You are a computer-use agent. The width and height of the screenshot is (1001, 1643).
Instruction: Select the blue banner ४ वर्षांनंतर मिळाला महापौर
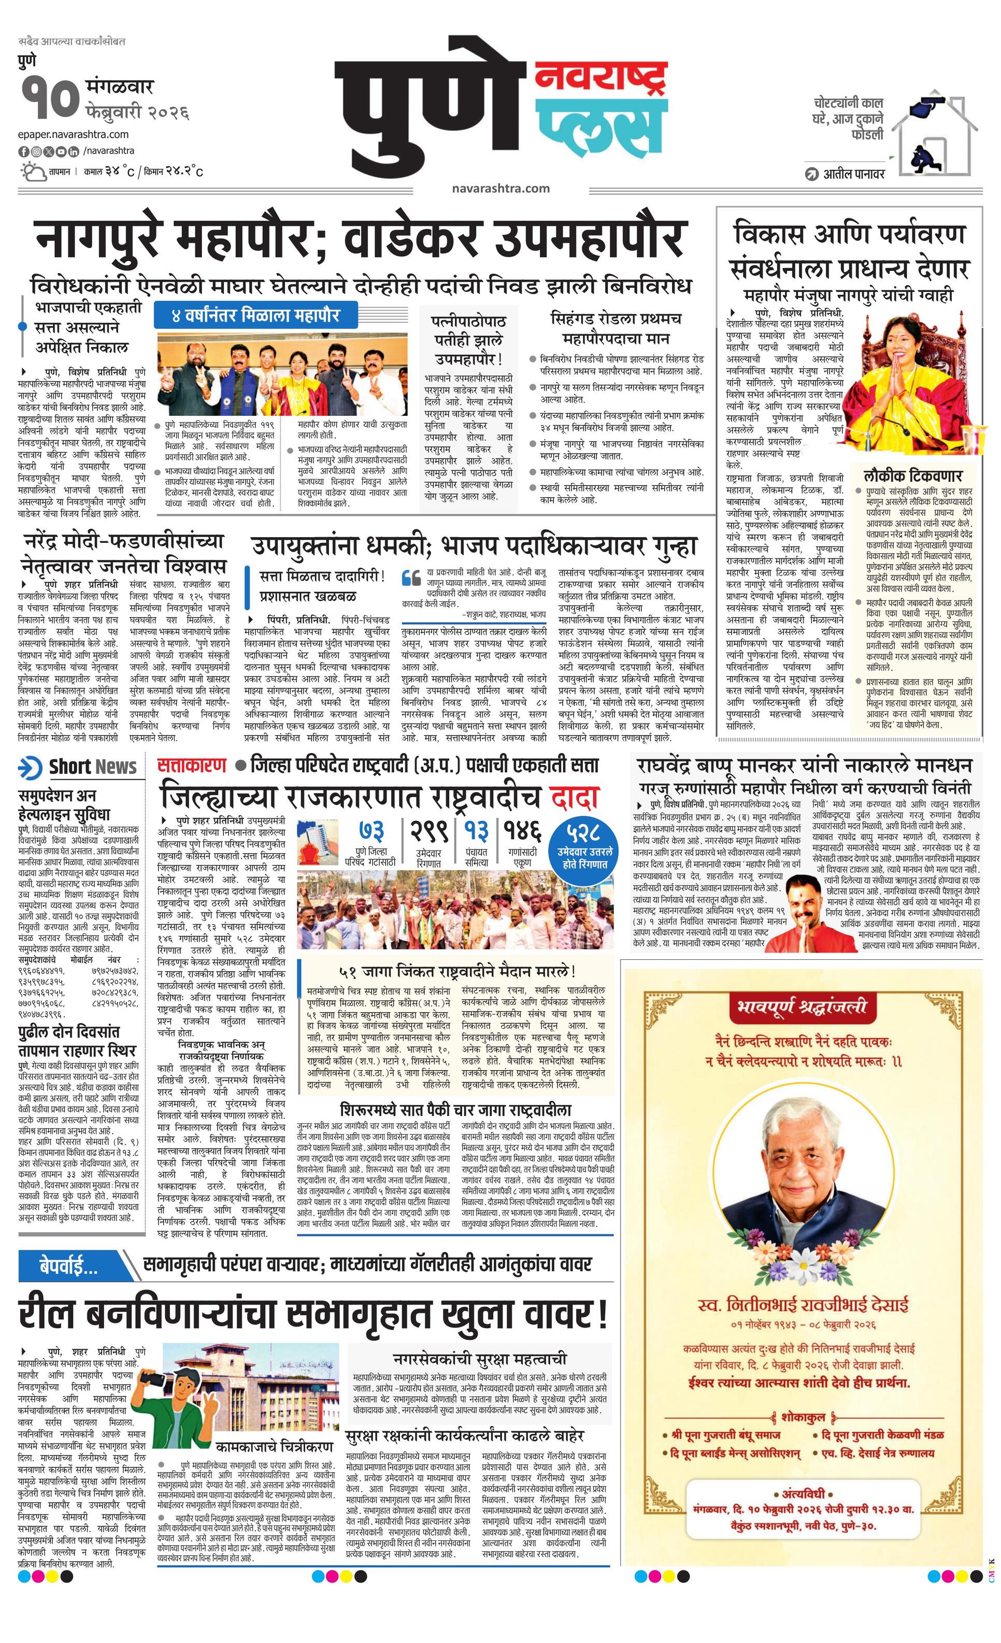pos(256,314)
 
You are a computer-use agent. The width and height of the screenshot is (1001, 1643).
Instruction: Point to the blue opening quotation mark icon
pos(411,577)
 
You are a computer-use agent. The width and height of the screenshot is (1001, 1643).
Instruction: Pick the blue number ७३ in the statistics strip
pos(372,832)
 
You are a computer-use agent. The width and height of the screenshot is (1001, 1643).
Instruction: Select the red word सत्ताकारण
pos(192,765)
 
